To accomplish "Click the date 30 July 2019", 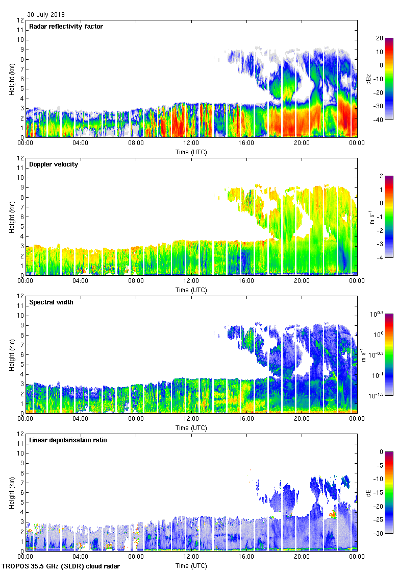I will pyautogui.click(x=46, y=15).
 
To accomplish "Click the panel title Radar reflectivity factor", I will pyautogui.click(x=66, y=27).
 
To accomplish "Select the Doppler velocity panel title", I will pyautogui.click(x=54, y=164).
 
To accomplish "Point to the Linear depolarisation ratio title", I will pyautogui.click(x=68, y=440).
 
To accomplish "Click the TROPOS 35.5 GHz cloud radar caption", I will pyautogui.click(x=62, y=566).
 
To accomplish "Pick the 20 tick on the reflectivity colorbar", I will pyautogui.click(x=379, y=38).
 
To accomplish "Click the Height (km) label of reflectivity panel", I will pyautogui.click(x=11, y=79).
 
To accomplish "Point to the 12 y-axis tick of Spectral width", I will pyautogui.click(x=20, y=296).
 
